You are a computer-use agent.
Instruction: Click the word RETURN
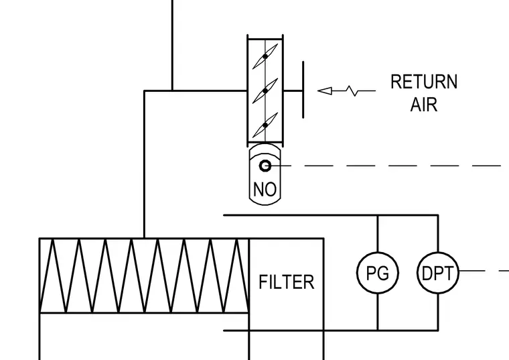point(424,82)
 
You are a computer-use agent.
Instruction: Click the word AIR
point(424,105)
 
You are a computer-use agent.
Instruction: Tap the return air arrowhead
point(325,91)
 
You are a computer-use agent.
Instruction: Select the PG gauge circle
point(378,273)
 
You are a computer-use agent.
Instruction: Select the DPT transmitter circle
point(438,273)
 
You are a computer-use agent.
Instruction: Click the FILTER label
point(287,282)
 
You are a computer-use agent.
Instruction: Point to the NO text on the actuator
point(265,190)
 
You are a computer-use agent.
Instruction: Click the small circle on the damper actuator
point(265,166)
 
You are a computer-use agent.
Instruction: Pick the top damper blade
point(265,56)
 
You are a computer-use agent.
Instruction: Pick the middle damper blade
point(265,91)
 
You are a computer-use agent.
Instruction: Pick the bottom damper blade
point(265,125)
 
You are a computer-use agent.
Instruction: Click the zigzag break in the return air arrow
point(352,91)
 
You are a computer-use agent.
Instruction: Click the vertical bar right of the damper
point(303,90)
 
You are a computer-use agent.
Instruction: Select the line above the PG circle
point(378,233)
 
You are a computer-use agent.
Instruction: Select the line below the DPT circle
point(438,312)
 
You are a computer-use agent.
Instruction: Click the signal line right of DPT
point(484,271)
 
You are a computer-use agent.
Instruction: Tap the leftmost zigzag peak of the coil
point(52,241)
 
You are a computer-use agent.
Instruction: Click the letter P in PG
point(371,273)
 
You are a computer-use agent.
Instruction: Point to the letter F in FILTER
point(263,282)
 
